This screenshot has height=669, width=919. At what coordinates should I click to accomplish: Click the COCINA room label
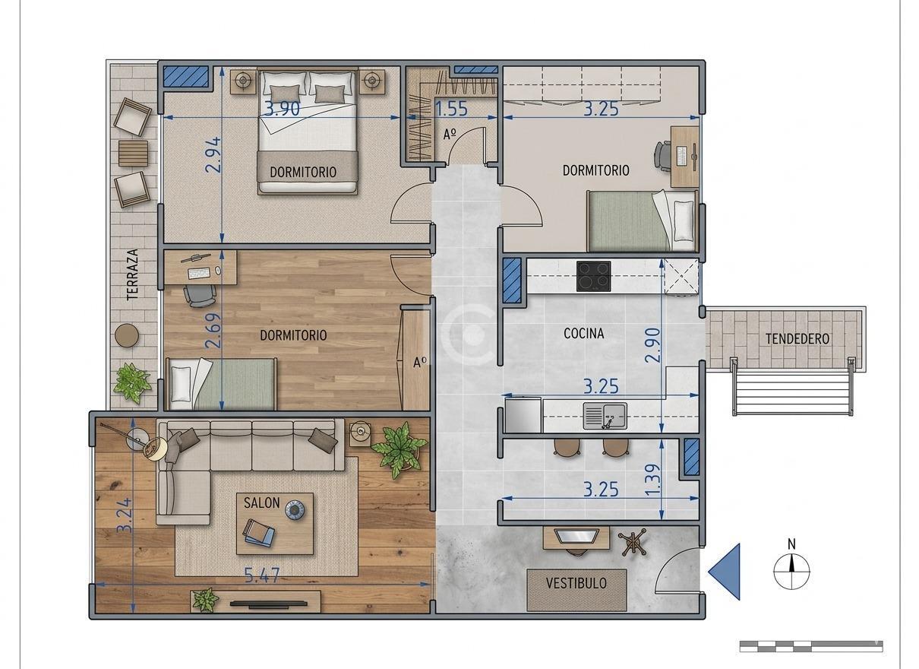[x=583, y=334]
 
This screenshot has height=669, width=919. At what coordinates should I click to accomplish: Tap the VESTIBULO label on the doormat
[x=576, y=583]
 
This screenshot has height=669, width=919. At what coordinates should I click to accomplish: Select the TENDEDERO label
[x=797, y=339]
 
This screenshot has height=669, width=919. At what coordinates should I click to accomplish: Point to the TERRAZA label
[x=132, y=274]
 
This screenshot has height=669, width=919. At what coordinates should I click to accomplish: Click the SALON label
[x=262, y=503]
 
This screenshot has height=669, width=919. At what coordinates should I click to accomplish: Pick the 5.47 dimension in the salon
[x=262, y=575]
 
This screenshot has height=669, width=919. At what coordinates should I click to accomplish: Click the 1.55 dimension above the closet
[x=451, y=109]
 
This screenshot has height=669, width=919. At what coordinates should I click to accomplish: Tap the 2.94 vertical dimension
[x=213, y=155]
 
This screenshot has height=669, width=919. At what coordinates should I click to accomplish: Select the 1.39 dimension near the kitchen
[x=652, y=480]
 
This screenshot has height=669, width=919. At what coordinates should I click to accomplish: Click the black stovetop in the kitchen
[x=593, y=277]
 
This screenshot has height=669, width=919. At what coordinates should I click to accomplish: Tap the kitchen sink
[x=605, y=416]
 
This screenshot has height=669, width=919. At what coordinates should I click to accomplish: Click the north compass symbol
[x=791, y=571]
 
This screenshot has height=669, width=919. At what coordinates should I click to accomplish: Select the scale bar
[x=811, y=646]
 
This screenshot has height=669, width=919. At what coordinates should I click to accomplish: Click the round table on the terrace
[x=127, y=336]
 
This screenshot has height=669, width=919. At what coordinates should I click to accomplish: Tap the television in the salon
[x=268, y=604]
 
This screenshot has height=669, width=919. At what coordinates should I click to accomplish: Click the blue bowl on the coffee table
[x=295, y=510]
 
